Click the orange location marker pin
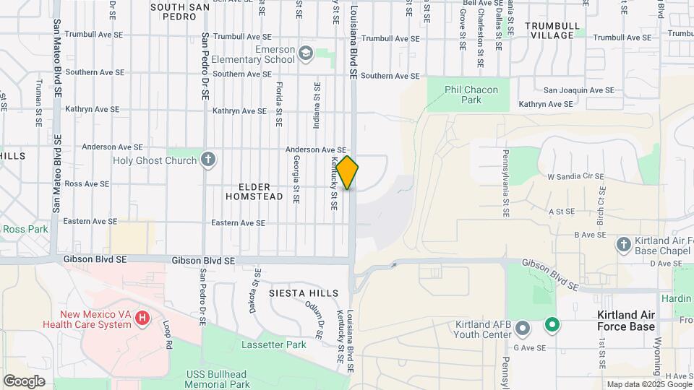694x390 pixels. tap(347, 172)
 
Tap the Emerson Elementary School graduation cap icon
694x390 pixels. tap(306, 53)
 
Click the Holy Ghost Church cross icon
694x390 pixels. tap(208, 160)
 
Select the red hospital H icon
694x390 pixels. tap(142, 318)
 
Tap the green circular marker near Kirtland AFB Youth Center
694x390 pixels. tap(552, 326)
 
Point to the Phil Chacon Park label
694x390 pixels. tap(471, 95)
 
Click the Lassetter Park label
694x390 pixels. tap(275, 344)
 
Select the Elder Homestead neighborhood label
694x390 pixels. tap(254, 190)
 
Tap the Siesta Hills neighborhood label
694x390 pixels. tap(303, 293)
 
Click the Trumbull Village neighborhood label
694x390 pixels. tap(552, 30)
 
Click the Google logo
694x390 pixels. tap(24, 381)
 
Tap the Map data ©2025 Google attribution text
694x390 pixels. tap(648, 384)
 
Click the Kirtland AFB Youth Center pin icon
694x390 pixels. tap(523, 329)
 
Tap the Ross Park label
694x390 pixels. tap(25, 229)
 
